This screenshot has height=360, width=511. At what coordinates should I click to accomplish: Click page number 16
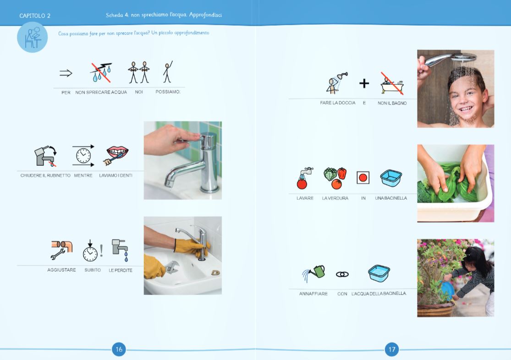pyautogui.click(x=119, y=349)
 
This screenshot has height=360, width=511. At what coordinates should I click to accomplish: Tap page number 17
pyautogui.click(x=392, y=349)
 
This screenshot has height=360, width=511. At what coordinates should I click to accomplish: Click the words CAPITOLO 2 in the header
pyautogui.click(x=35, y=16)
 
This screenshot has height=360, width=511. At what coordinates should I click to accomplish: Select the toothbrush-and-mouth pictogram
pyautogui.click(x=117, y=155)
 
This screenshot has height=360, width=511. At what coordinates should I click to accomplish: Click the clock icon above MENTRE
pyautogui.click(x=83, y=156)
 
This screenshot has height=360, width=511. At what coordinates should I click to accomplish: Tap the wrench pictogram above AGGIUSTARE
pyautogui.click(x=61, y=249)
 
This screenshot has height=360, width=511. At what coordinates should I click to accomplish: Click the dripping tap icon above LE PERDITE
pyautogui.click(x=120, y=250)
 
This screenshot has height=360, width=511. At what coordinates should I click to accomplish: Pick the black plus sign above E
pyautogui.click(x=364, y=83)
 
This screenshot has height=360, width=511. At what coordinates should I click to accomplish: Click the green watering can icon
pyautogui.click(x=314, y=273)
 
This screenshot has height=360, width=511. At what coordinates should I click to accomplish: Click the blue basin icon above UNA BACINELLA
pyautogui.click(x=391, y=178)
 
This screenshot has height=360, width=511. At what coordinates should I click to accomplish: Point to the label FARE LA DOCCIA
pyautogui.click(x=337, y=103)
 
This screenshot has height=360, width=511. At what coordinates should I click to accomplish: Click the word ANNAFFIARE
pyautogui.click(x=313, y=294)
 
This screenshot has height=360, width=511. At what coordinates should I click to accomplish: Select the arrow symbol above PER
pyautogui.click(x=66, y=73)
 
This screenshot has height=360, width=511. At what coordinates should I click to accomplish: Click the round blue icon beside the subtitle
pyautogui.click(x=32, y=37)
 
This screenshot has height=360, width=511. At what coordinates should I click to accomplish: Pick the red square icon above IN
pyautogui.click(x=363, y=177)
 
